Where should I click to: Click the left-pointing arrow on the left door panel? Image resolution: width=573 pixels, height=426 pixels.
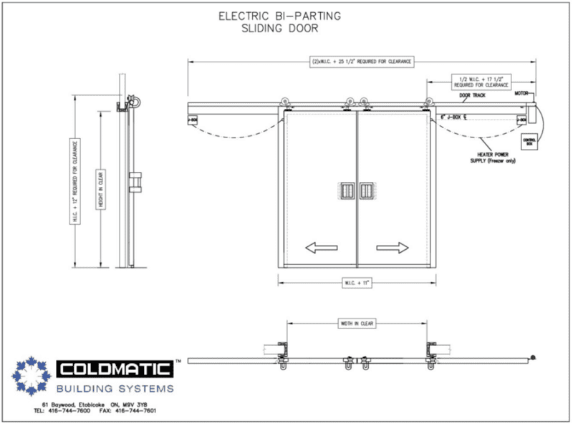321,248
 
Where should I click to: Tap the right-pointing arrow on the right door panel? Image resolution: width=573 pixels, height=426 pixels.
392,248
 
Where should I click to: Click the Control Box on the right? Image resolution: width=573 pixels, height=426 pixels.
529,142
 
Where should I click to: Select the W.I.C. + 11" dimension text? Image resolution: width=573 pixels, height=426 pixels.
357,283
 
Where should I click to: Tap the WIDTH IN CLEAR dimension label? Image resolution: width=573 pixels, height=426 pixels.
357,324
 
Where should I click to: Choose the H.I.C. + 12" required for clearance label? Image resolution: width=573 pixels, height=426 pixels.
74,178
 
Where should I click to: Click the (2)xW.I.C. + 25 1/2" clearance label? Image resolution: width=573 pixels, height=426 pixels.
360,62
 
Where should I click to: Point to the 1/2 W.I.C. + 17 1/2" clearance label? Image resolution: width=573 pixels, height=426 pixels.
481,80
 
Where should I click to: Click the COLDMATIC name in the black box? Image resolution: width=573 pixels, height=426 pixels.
115,369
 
